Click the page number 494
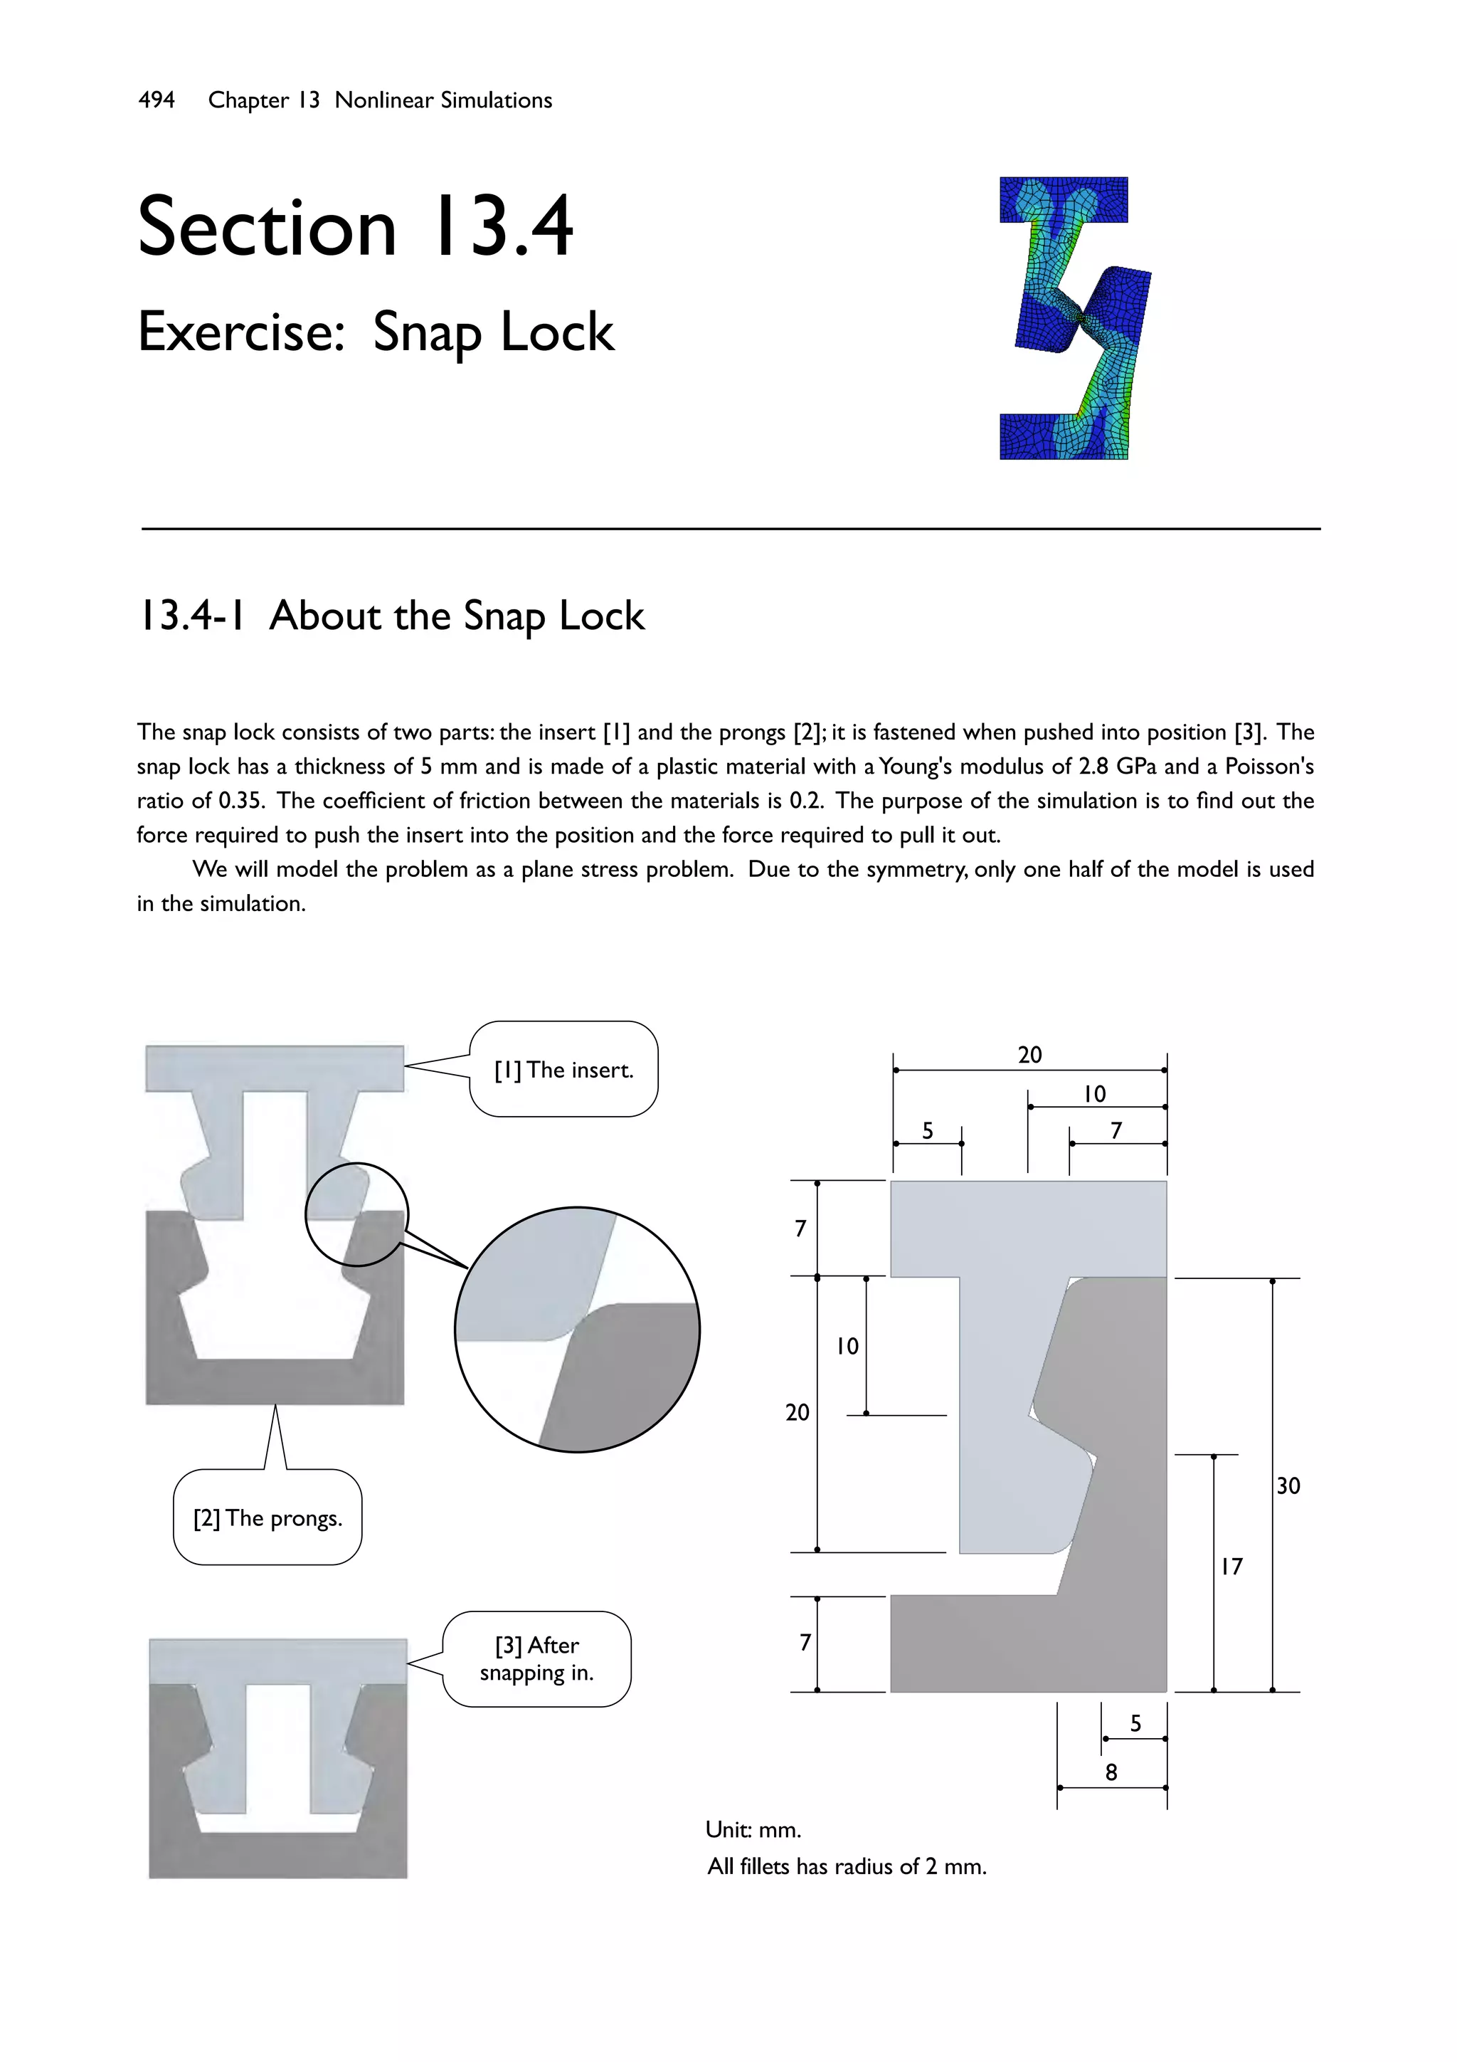coord(157,100)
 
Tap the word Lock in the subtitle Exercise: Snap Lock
coord(556,332)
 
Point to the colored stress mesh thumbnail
coord(1074,318)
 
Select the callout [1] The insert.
coord(563,1070)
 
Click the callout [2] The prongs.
coord(267,1517)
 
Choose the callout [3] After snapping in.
coord(537,1658)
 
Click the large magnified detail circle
coord(577,1329)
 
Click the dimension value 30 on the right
coord(1288,1485)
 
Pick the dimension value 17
coord(1231,1567)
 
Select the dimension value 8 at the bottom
coord(1111,1772)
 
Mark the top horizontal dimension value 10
coord(1094,1094)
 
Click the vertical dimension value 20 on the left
coord(798,1413)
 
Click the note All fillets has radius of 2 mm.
coord(847,1866)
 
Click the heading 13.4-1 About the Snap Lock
coord(391,616)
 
